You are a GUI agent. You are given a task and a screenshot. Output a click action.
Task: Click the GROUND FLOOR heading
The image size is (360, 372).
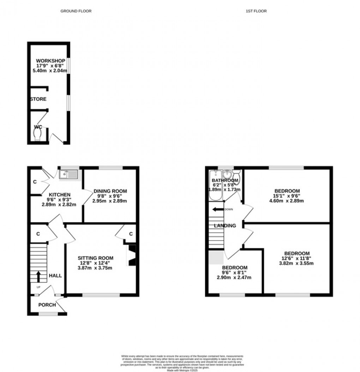click(76, 11)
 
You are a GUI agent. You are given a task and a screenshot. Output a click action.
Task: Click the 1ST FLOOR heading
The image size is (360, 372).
click(256, 11)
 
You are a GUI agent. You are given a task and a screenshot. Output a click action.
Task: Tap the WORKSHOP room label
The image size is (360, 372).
click(50, 61)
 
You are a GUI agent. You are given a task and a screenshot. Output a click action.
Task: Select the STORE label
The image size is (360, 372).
click(38, 99)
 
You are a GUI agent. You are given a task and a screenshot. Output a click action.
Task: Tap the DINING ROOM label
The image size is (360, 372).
click(110, 191)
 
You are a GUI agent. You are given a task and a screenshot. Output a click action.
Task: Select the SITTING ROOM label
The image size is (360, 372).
click(95, 258)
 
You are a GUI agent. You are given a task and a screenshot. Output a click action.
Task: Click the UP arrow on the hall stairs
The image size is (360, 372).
click(38, 276)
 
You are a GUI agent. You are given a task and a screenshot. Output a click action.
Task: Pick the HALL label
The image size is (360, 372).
click(55, 276)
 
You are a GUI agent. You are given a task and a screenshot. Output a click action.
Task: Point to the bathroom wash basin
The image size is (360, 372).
click(227, 174)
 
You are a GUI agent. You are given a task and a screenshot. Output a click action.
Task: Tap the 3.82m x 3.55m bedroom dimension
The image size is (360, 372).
click(297, 263)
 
